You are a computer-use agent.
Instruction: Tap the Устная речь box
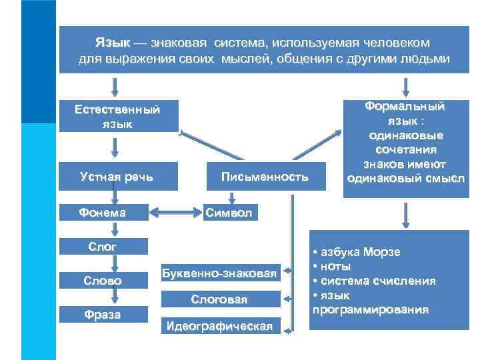tap(117, 177)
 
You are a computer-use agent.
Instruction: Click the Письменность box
tap(265, 177)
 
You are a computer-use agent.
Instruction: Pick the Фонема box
tap(103, 213)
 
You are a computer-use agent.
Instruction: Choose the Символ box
tap(229, 213)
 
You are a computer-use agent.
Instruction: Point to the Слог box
tap(103, 247)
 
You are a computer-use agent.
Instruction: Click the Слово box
tap(103, 281)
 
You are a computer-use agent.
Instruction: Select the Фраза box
tap(103, 315)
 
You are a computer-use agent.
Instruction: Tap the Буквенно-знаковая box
tap(219, 273)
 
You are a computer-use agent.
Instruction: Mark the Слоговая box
tap(219, 300)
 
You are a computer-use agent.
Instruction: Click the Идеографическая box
tap(219, 326)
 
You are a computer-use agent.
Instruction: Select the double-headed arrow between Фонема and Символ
tap(175, 213)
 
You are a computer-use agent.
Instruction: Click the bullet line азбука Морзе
tap(359, 252)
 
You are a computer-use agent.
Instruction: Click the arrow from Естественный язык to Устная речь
tap(115, 145)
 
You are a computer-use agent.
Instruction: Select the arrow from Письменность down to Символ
tap(231, 197)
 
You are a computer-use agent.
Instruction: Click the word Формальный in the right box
tap(405, 107)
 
